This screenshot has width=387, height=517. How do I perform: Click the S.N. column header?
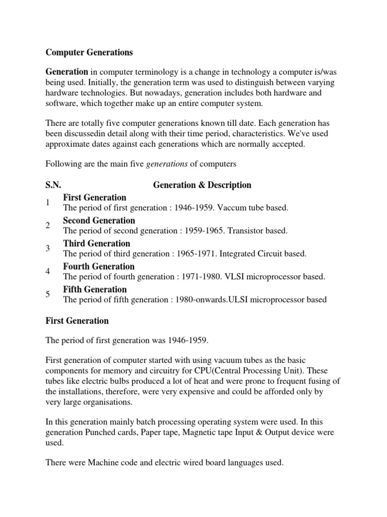coord(54,185)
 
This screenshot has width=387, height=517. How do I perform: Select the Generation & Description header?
coord(202,185)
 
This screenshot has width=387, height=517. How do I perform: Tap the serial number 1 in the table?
coord(47,202)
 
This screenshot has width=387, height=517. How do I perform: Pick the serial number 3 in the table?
coord(47,248)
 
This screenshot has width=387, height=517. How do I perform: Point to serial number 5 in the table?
coord(47,294)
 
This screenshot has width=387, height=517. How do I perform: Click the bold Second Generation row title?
coord(99,221)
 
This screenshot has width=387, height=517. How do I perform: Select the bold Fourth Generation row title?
coord(98,267)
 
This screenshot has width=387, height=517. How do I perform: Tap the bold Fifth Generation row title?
coord(95,289)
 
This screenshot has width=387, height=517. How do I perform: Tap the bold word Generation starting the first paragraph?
coord(67,72)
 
